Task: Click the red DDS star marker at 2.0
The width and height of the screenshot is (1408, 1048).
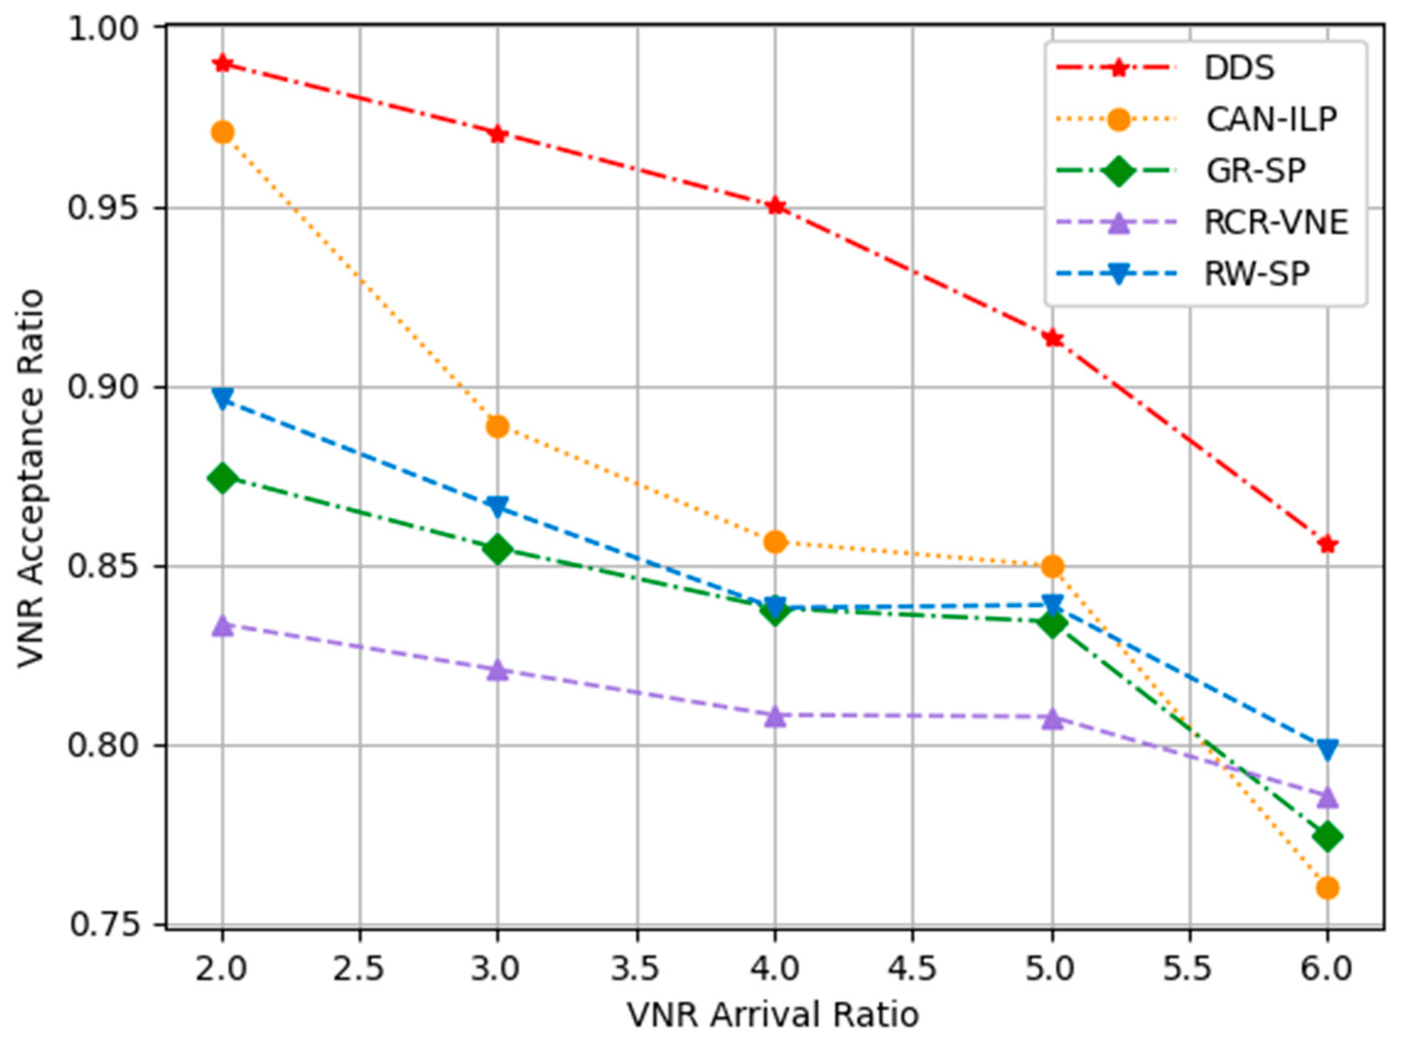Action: coord(222,64)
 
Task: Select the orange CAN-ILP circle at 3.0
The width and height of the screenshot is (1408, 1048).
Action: coord(497,426)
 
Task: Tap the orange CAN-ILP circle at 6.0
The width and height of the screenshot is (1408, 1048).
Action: coord(1328,888)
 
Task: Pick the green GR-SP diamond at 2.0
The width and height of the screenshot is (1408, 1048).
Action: coord(222,478)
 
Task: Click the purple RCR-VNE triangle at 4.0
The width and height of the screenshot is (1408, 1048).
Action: coord(775,716)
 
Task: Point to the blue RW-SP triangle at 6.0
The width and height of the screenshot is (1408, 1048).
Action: coord(1328,749)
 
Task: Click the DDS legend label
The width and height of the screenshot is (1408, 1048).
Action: coord(1238,68)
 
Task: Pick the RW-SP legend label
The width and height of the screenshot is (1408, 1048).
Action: coord(1256,274)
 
